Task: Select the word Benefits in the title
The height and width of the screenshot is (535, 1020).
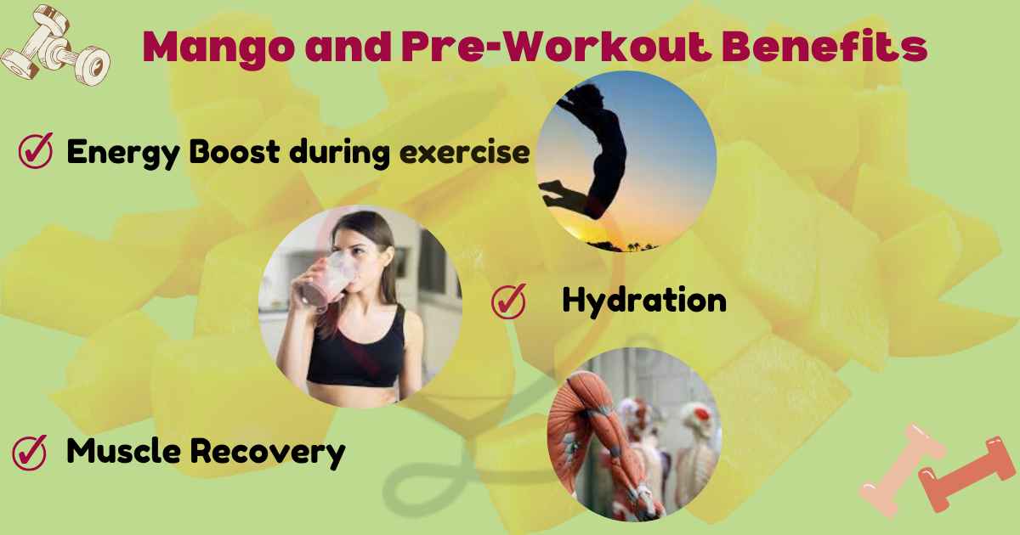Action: [824, 48]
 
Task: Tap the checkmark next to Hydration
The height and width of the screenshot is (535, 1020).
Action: [508, 301]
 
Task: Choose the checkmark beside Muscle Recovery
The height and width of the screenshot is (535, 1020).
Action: [29, 453]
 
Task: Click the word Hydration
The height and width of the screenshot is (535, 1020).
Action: [643, 301]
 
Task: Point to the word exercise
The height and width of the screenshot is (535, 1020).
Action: [464, 153]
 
